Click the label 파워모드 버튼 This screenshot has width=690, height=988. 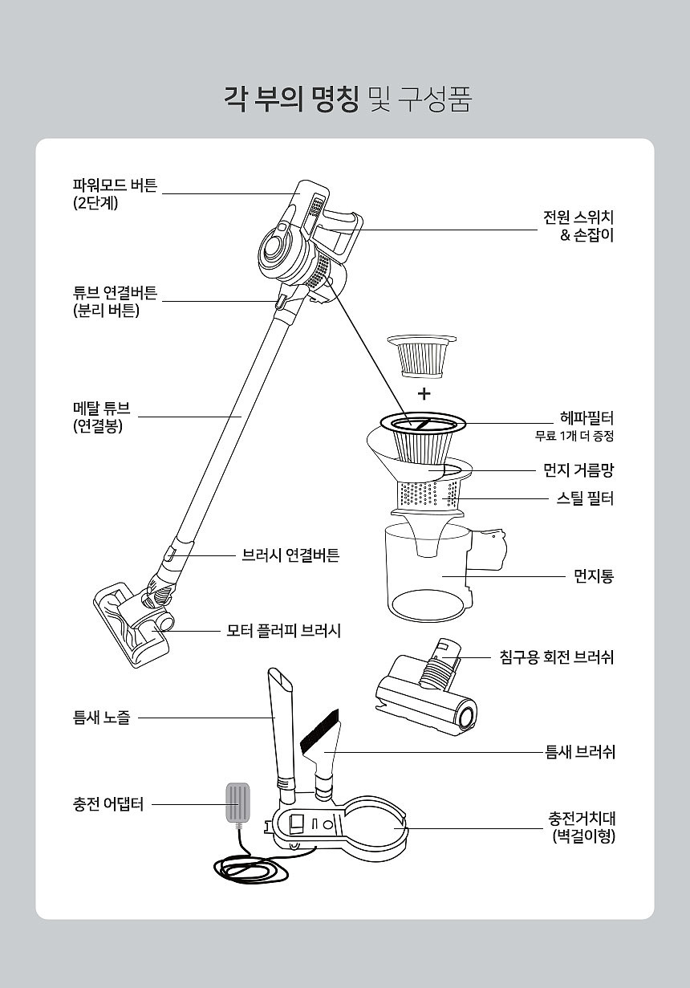tap(115, 185)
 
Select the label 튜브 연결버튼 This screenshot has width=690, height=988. tap(115, 293)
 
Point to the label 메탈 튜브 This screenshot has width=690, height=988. tap(102, 408)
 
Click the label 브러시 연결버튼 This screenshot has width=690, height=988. tap(290, 555)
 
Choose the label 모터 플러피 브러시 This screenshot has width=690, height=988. tap(283, 631)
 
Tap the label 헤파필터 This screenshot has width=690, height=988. tap(586, 417)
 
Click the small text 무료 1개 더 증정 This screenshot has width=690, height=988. tap(574, 437)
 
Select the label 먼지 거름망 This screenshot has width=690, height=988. tap(578, 470)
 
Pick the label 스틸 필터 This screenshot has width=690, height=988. tap(585, 498)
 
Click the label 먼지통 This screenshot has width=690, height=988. tap(594, 575)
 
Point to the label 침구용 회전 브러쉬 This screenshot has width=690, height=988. tap(556, 657)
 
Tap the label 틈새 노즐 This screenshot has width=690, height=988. tap(102, 718)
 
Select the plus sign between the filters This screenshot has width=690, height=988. tap(424, 393)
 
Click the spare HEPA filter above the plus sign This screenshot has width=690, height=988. tap(422, 356)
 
